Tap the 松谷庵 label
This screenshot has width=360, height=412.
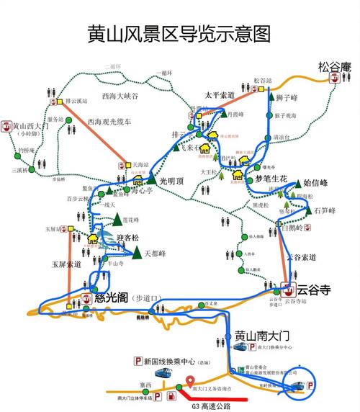[x=333, y=68]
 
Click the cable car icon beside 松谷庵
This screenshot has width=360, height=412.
[x=333, y=81]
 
